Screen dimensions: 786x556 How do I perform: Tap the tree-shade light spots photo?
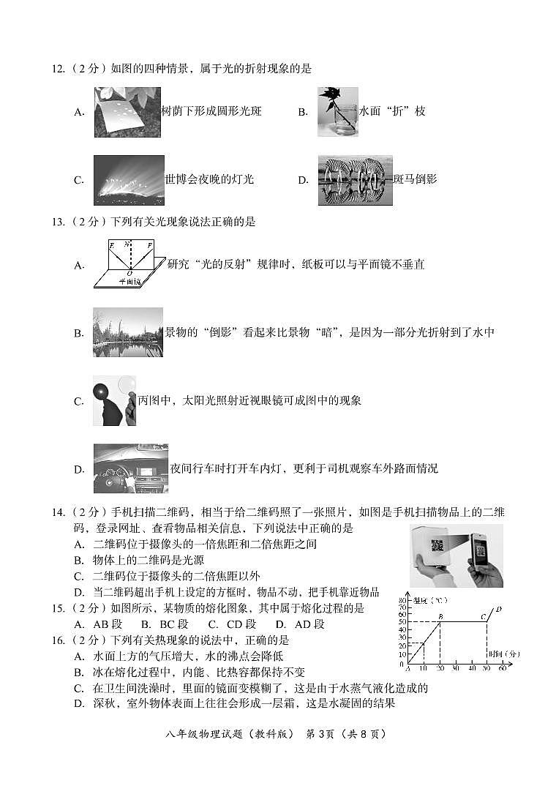click(127, 112)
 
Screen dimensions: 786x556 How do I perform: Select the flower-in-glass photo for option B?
click(337, 112)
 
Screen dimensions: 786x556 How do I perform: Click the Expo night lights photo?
click(129, 180)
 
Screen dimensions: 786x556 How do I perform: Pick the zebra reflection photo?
click(355, 180)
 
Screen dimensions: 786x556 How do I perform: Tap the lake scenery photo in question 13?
click(128, 332)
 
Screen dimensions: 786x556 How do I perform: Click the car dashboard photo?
click(131, 468)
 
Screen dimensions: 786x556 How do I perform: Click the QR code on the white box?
click(437, 545)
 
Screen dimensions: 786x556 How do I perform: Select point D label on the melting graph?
click(498, 609)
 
